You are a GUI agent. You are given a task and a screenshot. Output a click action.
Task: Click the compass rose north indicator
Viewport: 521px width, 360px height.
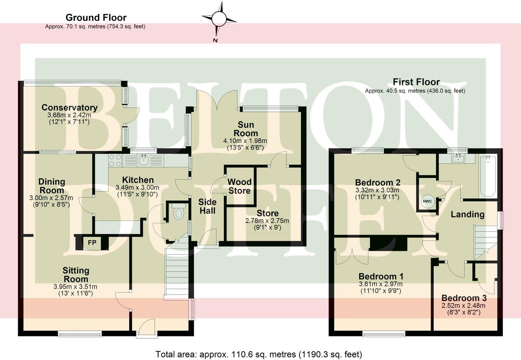click(219, 19)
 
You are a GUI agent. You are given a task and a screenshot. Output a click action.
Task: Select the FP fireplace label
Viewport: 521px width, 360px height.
click(92, 243)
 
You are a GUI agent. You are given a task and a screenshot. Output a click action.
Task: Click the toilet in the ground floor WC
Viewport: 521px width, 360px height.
click(178, 213)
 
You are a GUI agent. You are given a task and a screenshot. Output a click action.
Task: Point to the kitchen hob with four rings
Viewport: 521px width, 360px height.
click(115, 160)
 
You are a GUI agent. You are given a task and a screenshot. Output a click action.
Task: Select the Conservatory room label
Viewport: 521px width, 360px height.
click(69, 108)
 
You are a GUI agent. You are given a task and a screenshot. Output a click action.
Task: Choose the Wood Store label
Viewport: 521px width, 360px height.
click(239, 186)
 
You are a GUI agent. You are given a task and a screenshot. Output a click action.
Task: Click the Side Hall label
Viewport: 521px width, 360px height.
click(207, 206)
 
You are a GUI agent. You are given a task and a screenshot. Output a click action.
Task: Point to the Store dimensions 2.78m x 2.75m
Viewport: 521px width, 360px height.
click(267, 221)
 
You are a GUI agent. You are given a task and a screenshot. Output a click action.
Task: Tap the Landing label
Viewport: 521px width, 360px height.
click(467, 214)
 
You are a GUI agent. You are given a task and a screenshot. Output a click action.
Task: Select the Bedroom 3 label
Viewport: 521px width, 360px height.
click(464, 298)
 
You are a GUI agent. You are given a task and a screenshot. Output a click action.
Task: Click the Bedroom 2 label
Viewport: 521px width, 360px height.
click(377, 182)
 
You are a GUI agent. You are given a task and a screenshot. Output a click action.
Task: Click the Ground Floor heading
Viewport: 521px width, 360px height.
click(96, 17)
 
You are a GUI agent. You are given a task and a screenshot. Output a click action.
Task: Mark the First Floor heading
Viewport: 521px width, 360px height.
click(416, 82)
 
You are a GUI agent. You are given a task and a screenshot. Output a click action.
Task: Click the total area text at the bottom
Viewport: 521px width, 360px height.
click(259, 354)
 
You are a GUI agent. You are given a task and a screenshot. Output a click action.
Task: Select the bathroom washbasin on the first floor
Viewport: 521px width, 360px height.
click(458, 158)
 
